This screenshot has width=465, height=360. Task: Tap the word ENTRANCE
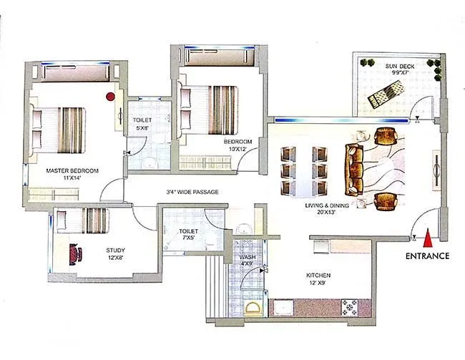[427, 256]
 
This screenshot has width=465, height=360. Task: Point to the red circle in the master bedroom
[111, 95]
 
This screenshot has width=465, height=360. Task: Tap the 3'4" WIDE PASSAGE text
[192, 192]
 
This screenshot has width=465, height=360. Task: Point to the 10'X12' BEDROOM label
[238, 146]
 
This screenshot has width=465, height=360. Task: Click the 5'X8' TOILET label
[141, 124]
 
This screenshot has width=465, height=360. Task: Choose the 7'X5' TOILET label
[188, 235]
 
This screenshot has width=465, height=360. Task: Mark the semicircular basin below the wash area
[253, 308]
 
